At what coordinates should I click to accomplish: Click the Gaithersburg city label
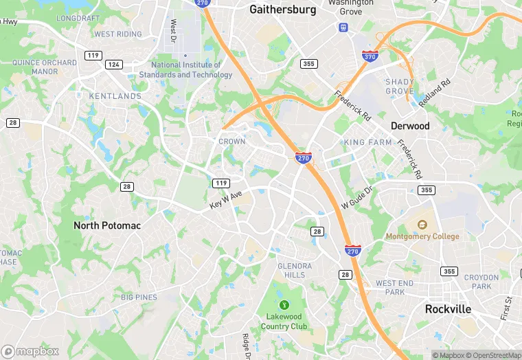tap(282, 10)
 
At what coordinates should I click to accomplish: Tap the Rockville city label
tap(448, 309)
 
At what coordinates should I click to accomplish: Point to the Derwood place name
tap(410, 126)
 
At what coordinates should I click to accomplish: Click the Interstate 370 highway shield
tap(369, 56)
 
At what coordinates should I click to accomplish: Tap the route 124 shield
tap(114, 64)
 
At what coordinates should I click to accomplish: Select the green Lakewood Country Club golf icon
tap(284, 304)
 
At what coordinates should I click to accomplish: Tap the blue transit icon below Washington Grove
tap(343, 27)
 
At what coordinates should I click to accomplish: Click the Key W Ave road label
tap(227, 200)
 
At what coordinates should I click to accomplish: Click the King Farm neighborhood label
tap(367, 142)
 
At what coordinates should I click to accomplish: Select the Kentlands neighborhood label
tap(115, 96)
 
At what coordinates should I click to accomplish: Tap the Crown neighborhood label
tap(231, 142)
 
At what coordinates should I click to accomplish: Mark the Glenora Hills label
tap(295, 270)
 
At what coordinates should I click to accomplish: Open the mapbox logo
tap(30, 351)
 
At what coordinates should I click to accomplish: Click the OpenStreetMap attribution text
tap(494, 355)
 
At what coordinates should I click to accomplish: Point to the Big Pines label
tap(139, 297)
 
